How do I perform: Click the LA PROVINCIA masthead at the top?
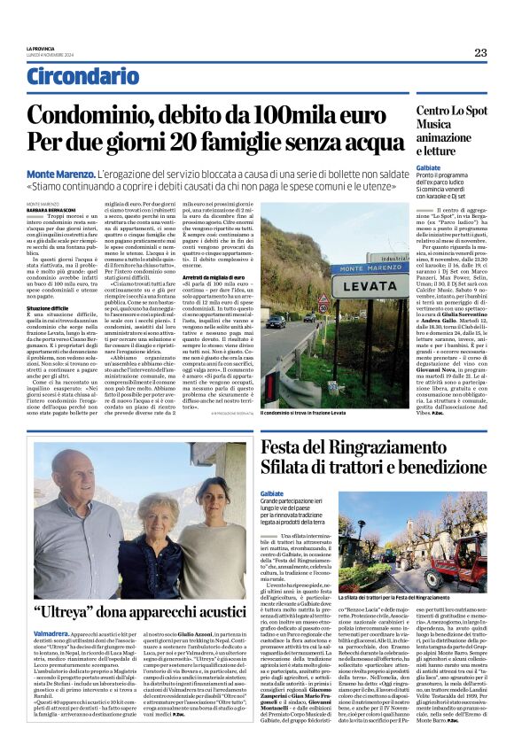pyautogui.click(x=42, y=48)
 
